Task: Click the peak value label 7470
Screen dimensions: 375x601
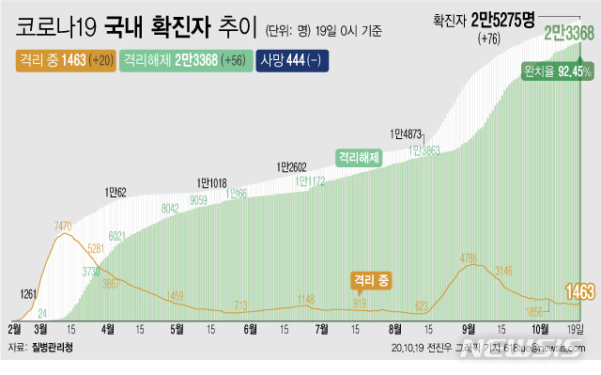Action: [x=64, y=227]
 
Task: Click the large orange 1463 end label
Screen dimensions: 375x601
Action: [x=578, y=293]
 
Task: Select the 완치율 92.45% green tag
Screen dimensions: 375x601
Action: [x=562, y=71]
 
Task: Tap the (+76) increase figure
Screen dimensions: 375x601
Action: [x=490, y=39]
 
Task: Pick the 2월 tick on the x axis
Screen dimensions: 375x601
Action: [x=15, y=329]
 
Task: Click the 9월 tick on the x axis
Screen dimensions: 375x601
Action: [x=468, y=329]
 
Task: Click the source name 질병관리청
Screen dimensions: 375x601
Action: [x=53, y=348]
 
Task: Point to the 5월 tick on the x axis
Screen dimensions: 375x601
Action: [x=177, y=329]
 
